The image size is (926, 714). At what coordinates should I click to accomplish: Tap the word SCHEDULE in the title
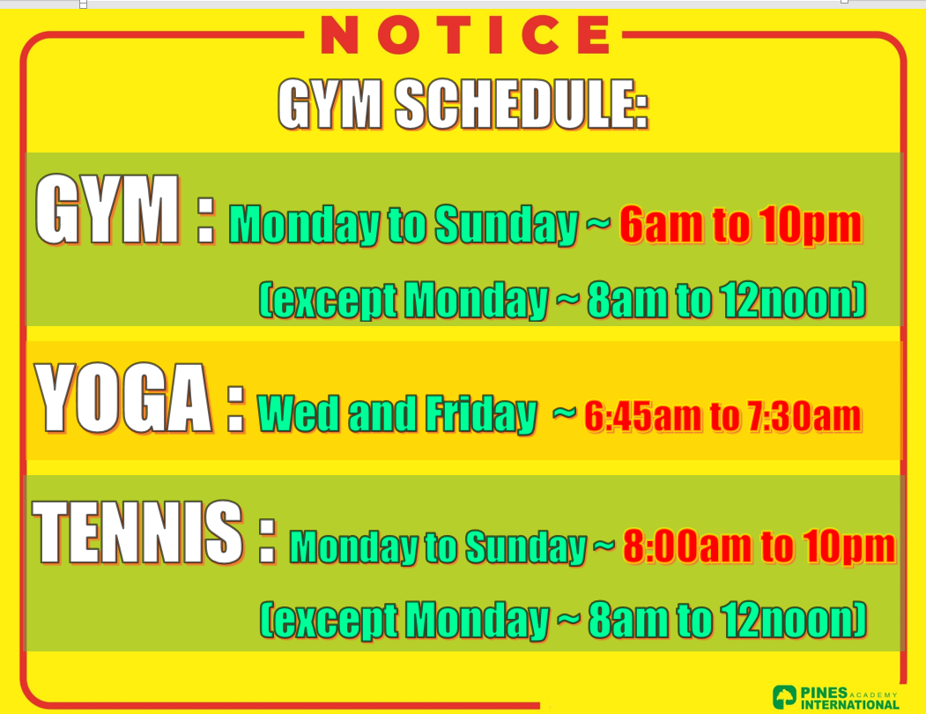(x=522, y=104)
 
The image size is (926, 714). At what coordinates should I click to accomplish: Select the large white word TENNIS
(x=137, y=532)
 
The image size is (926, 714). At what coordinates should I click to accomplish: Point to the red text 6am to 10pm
(x=741, y=225)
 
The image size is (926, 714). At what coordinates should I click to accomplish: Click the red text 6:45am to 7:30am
(x=722, y=416)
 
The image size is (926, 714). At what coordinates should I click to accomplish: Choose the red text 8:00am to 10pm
(x=759, y=547)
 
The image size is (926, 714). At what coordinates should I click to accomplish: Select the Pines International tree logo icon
(x=784, y=697)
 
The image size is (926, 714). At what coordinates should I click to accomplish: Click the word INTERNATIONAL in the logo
(x=850, y=704)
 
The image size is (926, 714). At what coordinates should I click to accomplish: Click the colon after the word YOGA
(x=235, y=409)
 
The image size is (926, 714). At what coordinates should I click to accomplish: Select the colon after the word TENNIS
(x=267, y=541)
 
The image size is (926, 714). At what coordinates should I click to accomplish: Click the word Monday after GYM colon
(x=304, y=225)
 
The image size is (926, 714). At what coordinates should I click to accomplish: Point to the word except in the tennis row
(x=329, y=621)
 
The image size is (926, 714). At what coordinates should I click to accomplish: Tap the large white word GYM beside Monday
(x=107, y=209)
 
